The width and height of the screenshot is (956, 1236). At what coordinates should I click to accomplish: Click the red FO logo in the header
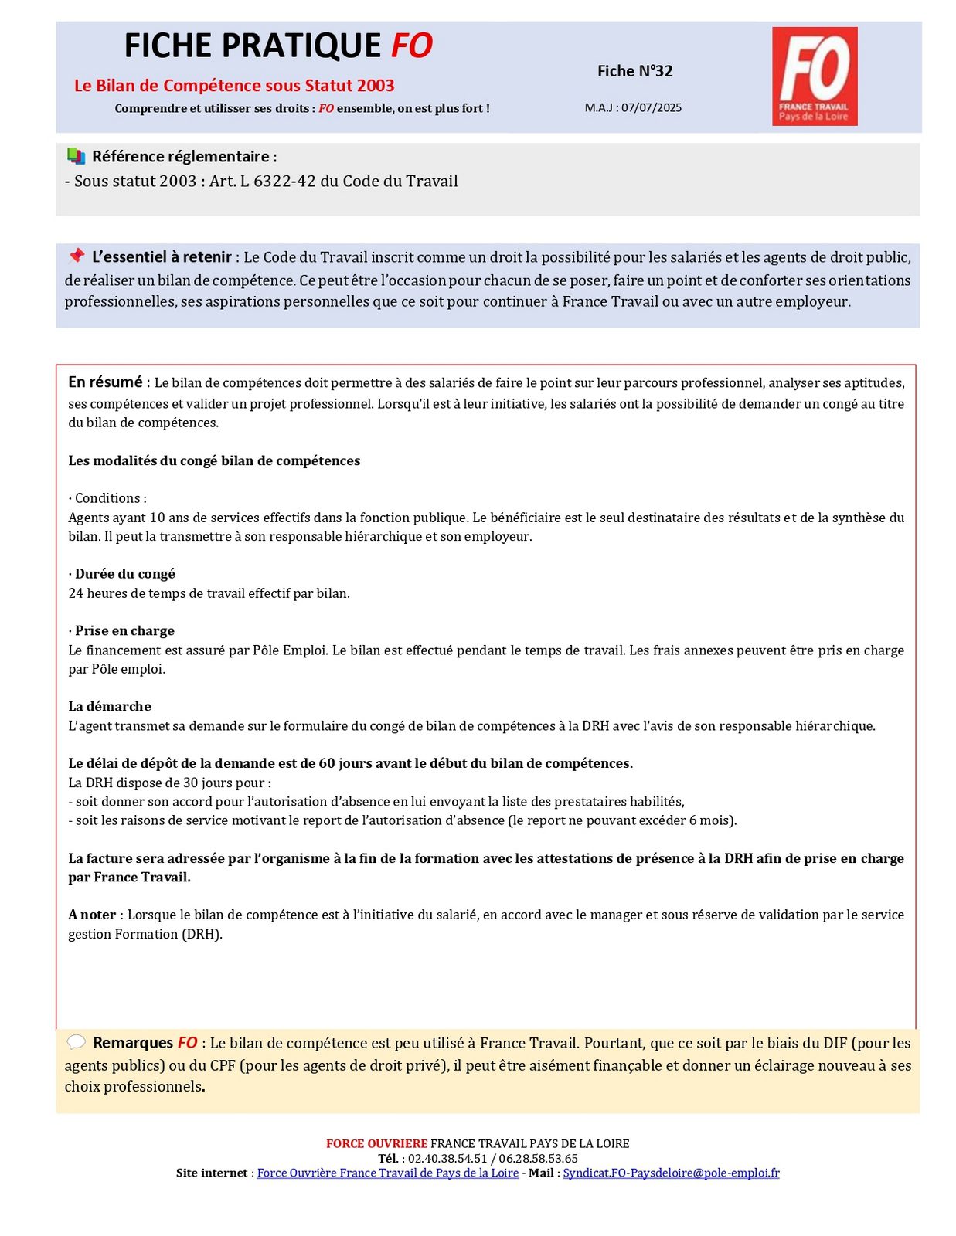click(x=814, y=76)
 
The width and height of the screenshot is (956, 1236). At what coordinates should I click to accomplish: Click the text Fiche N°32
click(x=634, y=71)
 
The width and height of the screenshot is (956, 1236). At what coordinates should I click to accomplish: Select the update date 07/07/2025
click(x=651, y=107)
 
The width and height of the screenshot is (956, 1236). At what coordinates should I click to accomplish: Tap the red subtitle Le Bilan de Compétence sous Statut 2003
click(x=234, y=86)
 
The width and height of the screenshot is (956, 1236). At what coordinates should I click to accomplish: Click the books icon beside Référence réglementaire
click(x=76, y=156)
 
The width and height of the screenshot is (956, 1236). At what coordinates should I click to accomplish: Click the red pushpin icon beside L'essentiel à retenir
click(x=76, y=256)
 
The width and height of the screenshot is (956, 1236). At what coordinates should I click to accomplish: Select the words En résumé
click(x=106, y=382)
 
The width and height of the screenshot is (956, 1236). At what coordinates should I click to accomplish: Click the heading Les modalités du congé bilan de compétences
click(x=214, y=461)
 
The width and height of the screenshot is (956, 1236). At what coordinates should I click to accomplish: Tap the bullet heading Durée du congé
click(x=124, y=574)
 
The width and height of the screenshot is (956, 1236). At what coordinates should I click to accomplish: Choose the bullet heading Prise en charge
click(x=124, y=631)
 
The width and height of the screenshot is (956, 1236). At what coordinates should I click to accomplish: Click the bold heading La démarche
click(x=110, y=706)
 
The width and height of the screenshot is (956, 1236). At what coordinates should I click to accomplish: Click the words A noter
click(x=92, y=915)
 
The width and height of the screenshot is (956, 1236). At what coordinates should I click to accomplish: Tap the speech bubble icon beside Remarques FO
click(x=76, y=1042)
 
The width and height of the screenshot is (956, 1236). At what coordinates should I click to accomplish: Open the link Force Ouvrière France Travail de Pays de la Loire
click(x=387, y=1173)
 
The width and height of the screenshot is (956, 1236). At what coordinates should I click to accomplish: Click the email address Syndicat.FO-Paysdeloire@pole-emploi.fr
click(x=671, y=1173)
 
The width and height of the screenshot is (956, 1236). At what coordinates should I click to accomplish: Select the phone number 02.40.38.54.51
click(x=447, y=1158)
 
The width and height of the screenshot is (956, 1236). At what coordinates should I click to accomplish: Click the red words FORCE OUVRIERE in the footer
click(x=376, y=1143)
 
